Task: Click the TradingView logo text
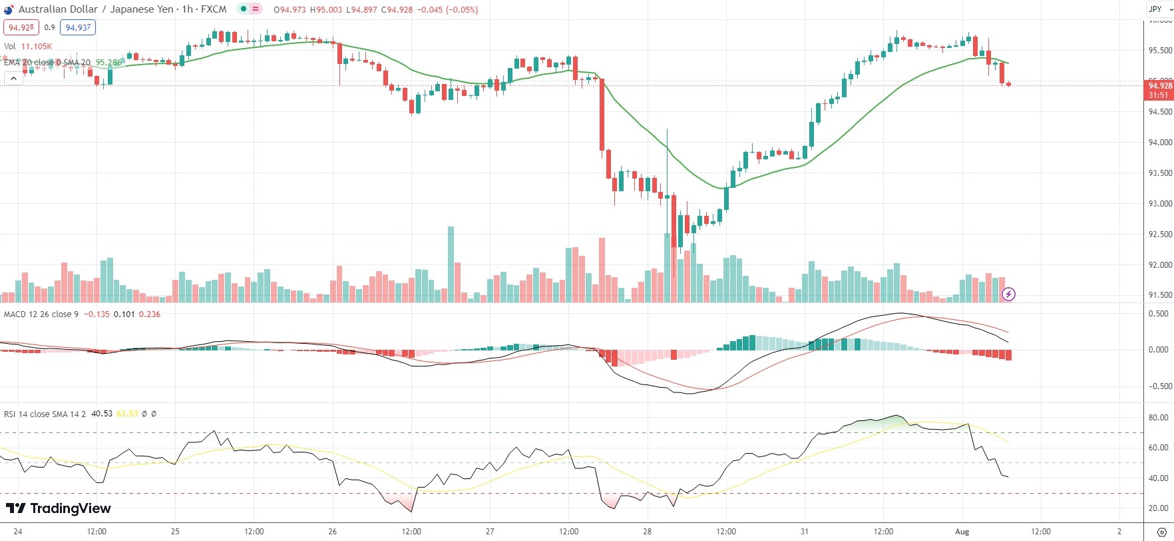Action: click(59, 508)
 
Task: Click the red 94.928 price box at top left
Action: click(21, 27)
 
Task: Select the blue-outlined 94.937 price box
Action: click(78, 27)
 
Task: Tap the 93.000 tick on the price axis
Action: click(1160, 204)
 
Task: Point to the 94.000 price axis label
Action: click(1160, 143)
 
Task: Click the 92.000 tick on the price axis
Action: click(1160, 265)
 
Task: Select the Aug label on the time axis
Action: click(962, 532)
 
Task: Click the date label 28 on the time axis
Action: click(647, 532)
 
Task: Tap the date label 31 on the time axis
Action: click(804, 532)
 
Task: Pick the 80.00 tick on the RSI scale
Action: click(1159, 418)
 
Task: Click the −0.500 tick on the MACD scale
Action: click(1157, 386)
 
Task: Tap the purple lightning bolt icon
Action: click(1008, 294)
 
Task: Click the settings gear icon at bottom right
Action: click(1162, 532)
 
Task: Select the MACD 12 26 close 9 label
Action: click(41, 314)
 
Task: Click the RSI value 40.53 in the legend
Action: click(102, 414)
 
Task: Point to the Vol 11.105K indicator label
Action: click(28, 47)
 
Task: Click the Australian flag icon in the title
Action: click(9, 9)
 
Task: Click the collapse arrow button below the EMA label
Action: click(13, 79)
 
